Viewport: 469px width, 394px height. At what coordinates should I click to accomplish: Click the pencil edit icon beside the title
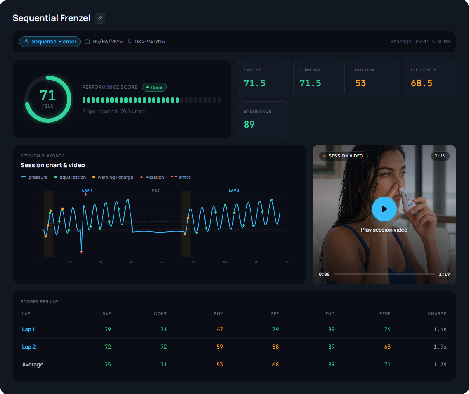coord(100,18)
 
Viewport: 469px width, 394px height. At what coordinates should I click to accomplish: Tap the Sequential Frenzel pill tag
coord(50,42)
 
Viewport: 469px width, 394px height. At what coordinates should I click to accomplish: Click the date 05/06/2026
coord(108,42)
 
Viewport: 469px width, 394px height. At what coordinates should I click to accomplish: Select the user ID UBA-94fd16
coord(150,42)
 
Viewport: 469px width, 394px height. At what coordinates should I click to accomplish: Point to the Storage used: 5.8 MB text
coord(420,42)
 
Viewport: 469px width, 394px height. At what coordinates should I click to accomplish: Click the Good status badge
coord(154,88)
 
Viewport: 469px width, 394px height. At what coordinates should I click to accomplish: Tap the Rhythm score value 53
coord(360,83)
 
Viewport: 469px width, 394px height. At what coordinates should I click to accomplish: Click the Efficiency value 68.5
coord(422,83)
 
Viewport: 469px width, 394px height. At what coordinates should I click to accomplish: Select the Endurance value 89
coord(249,124)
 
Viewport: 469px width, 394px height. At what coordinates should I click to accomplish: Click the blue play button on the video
coord(384,209)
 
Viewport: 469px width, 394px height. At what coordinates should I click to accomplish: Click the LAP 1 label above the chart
coord(88,190)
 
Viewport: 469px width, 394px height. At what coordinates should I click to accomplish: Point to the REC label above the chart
coord(156,190)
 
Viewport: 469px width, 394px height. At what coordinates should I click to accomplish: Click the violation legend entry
coord(152,177)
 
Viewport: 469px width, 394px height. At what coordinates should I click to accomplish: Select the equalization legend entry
coord(70,177)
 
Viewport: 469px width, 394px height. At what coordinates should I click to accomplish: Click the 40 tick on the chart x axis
coord(162,262)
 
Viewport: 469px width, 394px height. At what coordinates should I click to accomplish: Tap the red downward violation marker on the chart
coord(81,252)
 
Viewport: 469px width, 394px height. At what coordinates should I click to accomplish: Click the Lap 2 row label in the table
coord(29,347)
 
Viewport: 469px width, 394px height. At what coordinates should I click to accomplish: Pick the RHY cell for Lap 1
coord(220,330)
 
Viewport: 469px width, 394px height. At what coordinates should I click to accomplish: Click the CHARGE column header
coord(437,313)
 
